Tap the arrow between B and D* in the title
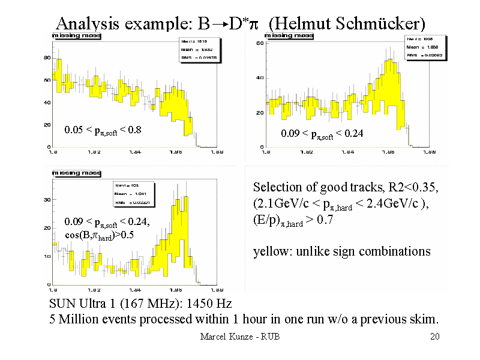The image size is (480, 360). tap(221, 25)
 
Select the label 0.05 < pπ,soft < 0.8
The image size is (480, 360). tap(102, 130)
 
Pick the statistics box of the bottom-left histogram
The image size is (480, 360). tap(133, 194)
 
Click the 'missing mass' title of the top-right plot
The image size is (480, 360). tap(289, 35)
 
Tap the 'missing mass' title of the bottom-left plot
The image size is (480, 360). tap(76, 173)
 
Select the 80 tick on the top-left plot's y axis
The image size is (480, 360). tap(45, 58)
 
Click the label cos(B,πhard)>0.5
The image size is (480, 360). tap(100, 235)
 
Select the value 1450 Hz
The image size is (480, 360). tap(211, 304)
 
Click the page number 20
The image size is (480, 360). tap(435, 337)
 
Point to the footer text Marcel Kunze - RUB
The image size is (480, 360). tap(239, 337)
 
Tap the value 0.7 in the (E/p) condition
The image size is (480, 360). tap(324, 220)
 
